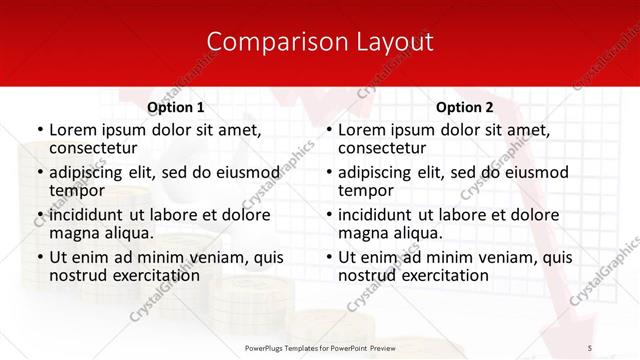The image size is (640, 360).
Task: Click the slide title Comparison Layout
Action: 320,42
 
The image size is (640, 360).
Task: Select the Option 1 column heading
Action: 176,107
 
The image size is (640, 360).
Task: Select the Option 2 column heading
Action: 465,107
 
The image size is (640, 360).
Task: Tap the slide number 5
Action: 589,347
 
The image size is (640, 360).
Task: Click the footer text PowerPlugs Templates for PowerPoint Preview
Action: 320,347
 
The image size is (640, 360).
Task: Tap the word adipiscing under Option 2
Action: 378,172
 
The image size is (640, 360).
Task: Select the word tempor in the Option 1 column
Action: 76,190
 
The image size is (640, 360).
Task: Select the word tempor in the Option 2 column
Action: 365,190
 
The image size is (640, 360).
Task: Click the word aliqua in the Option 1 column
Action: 128,233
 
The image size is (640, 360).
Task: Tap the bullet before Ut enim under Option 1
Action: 39,258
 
